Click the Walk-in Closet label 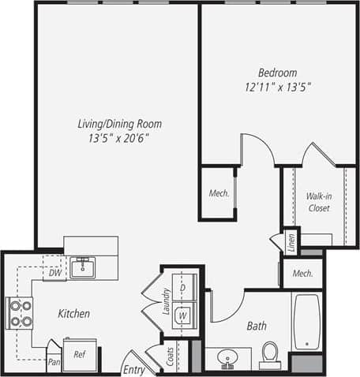(x=318, y=202)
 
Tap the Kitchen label (x=74, y=313)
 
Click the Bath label (x=256, y=325)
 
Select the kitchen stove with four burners (x=19, y=312)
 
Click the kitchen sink (x=82, y=268)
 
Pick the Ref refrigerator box (x=80, y=354)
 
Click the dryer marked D (x=182, y=289)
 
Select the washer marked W (x=182, y=315)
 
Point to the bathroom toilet (x=269, y=354)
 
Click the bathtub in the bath (x=306, y=322)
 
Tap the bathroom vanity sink (x=228, y=359)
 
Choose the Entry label (x=133, y=368)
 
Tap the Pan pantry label (x=54, y=362)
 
